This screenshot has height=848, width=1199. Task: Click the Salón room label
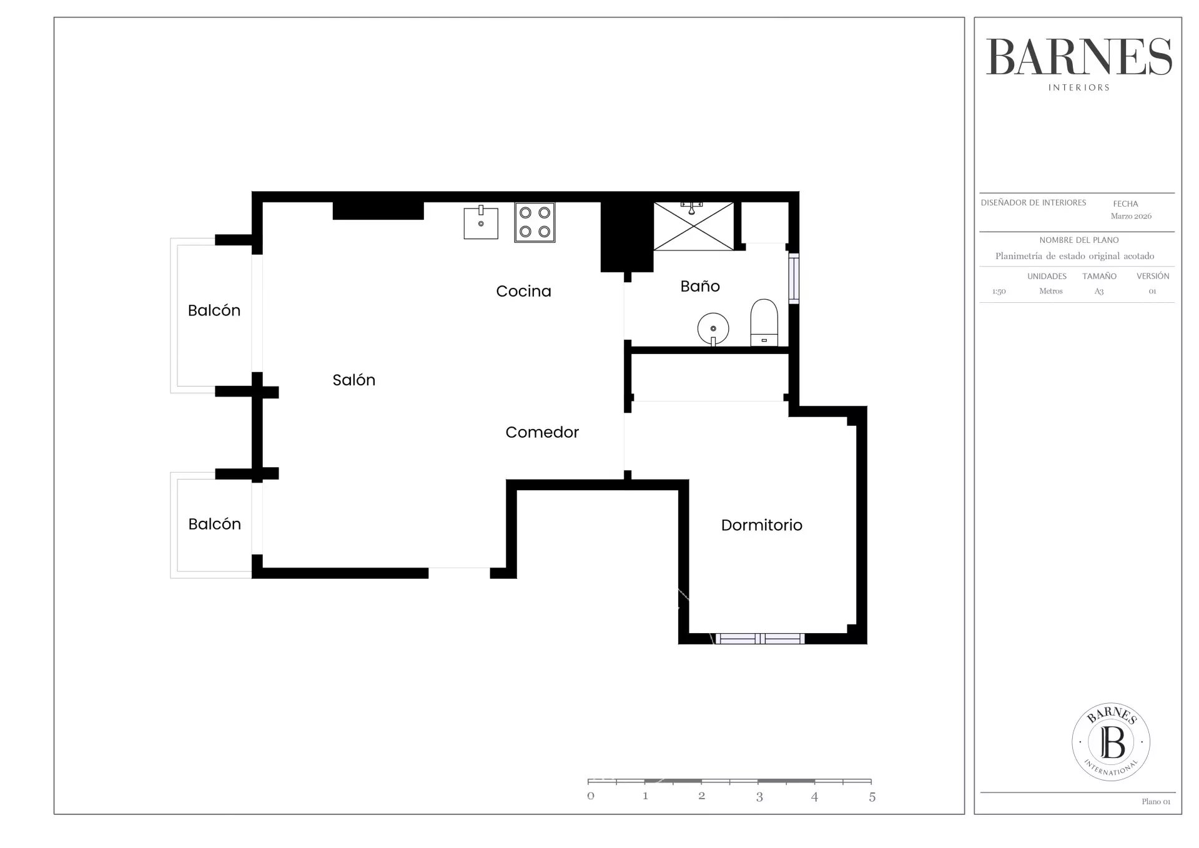(353, 380)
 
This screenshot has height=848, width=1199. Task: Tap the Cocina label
(523, 291)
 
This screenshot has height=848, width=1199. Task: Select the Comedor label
(542, 432)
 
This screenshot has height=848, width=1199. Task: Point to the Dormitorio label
(761, 525)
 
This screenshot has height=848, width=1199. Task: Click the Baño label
(700, 286)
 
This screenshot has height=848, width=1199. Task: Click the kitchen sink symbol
(481, 222)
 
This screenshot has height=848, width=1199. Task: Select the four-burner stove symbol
(535, 222)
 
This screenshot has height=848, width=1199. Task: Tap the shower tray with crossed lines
(694, 226)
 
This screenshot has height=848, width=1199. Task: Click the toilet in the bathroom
(764, 322)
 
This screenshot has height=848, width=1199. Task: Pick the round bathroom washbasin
(713, 328)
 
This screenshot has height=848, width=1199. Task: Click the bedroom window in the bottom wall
(759, 638)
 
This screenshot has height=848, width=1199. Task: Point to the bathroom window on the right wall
(794, 279)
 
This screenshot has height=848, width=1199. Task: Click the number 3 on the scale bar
(759, 797)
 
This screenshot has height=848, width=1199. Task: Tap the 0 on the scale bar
(591, 796)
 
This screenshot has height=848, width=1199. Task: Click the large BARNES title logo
(1078, 57)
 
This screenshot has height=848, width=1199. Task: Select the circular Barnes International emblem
(1111, 742)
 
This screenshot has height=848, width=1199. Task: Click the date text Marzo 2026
(1131, 216)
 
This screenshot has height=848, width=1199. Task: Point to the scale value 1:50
(999, 292)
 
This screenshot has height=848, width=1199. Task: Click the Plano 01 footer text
(1156, 802)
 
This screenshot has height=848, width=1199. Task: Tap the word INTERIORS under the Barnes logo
(1078, 88)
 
